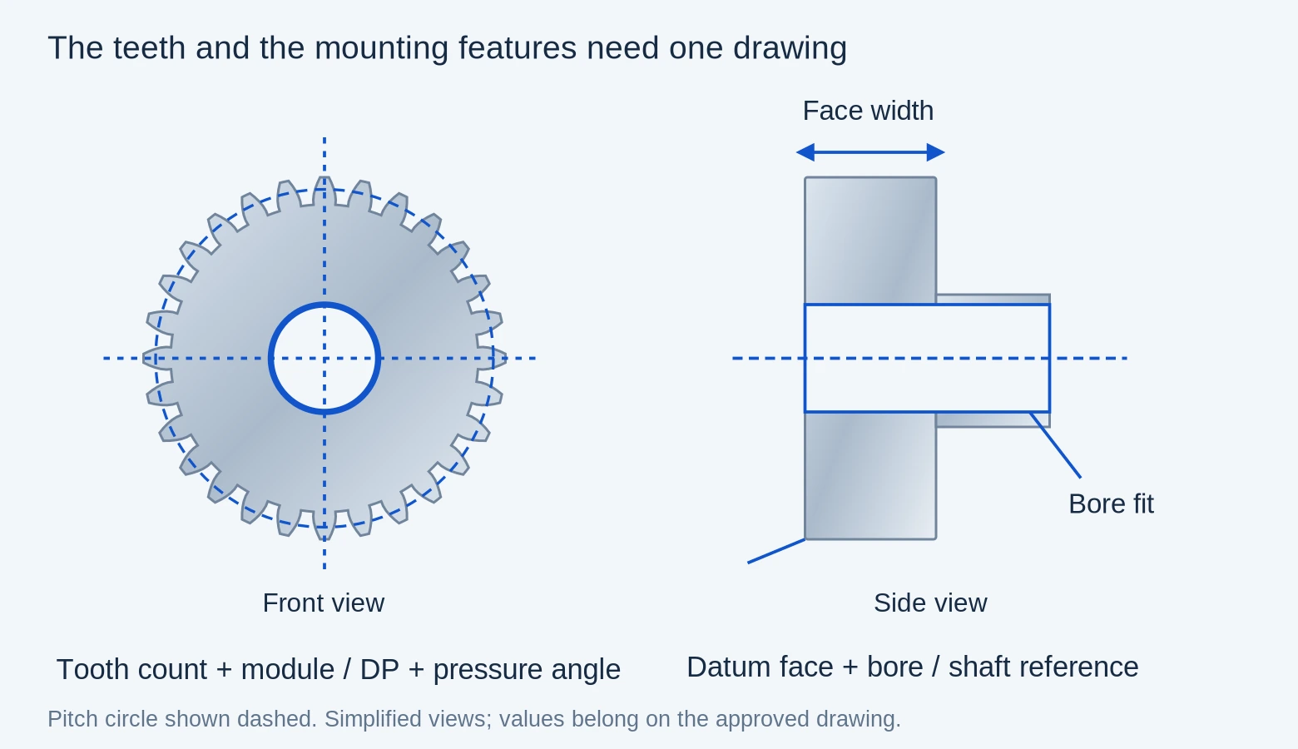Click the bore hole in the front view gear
pyautogui.click(x=324, y=358)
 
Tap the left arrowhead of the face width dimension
pyautogui.click(x=805, y=152)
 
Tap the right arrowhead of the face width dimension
pyautogui.click(x=936, y=152)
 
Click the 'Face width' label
pyautogui.click(x=868, y=111)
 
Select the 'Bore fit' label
pyautogui.click(x=1111, y=503)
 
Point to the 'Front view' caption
pyautogui.click(x=324, y=603)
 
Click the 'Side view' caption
pyautogui.click(x=930, y=603)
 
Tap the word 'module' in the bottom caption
pyautogui.click(x=287, y=670)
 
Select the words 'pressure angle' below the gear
pyautogui.click(x=527, y=670)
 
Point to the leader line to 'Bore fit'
pyautogui.click(x=1055, y=445)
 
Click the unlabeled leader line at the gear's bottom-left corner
pyautogui.click(x=776, y=551)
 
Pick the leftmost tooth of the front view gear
pyautogui.click(x=156, y=358)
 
